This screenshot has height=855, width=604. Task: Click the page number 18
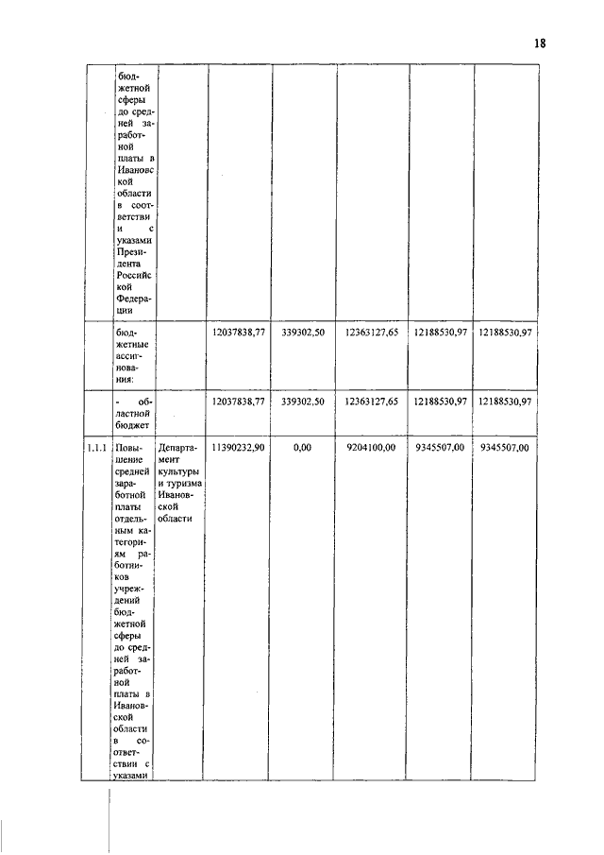[539, 43]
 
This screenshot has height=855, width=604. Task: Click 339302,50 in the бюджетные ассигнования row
[303, 333]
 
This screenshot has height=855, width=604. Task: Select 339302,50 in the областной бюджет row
[303, 402]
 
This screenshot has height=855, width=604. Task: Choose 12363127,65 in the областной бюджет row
[371, 402]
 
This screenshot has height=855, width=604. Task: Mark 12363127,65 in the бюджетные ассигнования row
[371, 333]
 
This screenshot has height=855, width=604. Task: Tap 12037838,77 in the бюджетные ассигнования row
[239, 333]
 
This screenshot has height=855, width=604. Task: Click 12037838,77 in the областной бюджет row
[239, 402]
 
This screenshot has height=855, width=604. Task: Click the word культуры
[179, 471]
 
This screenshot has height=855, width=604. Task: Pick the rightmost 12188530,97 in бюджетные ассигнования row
[506, 333]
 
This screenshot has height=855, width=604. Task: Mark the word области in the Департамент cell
[176, 518]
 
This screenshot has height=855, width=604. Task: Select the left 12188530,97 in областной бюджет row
[441, 402]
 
